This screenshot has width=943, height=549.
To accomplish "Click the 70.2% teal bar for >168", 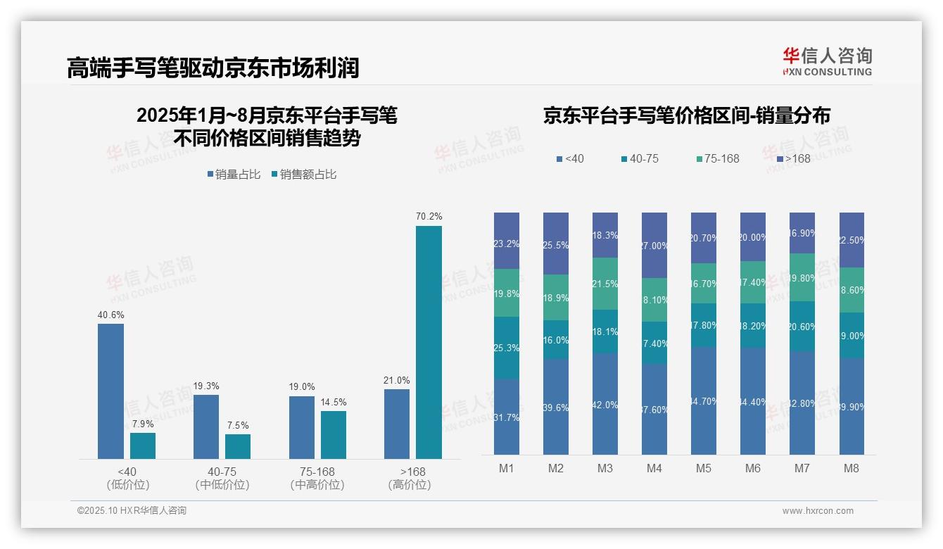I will tap(429, 342).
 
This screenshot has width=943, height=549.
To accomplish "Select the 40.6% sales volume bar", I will tap(110, 391).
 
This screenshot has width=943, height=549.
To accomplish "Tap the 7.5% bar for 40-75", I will tap(238, 446).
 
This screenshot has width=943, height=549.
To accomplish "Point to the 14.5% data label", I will tap(333, 402).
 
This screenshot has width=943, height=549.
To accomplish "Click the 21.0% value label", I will tap(397, 380).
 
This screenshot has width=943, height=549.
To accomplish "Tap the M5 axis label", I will tap(704, 468).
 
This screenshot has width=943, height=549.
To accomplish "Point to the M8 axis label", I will tap(852, 468).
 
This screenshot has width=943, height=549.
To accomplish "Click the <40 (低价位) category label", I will tap(128, 478).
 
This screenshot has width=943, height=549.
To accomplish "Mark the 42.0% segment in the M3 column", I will tap(605, 404).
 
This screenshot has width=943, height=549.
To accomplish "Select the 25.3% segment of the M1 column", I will tap(507, 348).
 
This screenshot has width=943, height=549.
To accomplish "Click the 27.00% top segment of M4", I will tap(654, 245).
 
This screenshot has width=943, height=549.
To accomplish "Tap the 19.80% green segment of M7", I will tap(802, 277).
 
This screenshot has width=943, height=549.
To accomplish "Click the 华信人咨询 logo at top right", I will tap(828, 61).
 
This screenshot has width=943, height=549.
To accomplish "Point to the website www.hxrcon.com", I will tap(818, 511).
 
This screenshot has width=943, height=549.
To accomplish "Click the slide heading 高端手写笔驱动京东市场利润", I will tap(213, 68).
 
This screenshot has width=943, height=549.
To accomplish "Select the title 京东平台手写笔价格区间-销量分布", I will tap(686, 115).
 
